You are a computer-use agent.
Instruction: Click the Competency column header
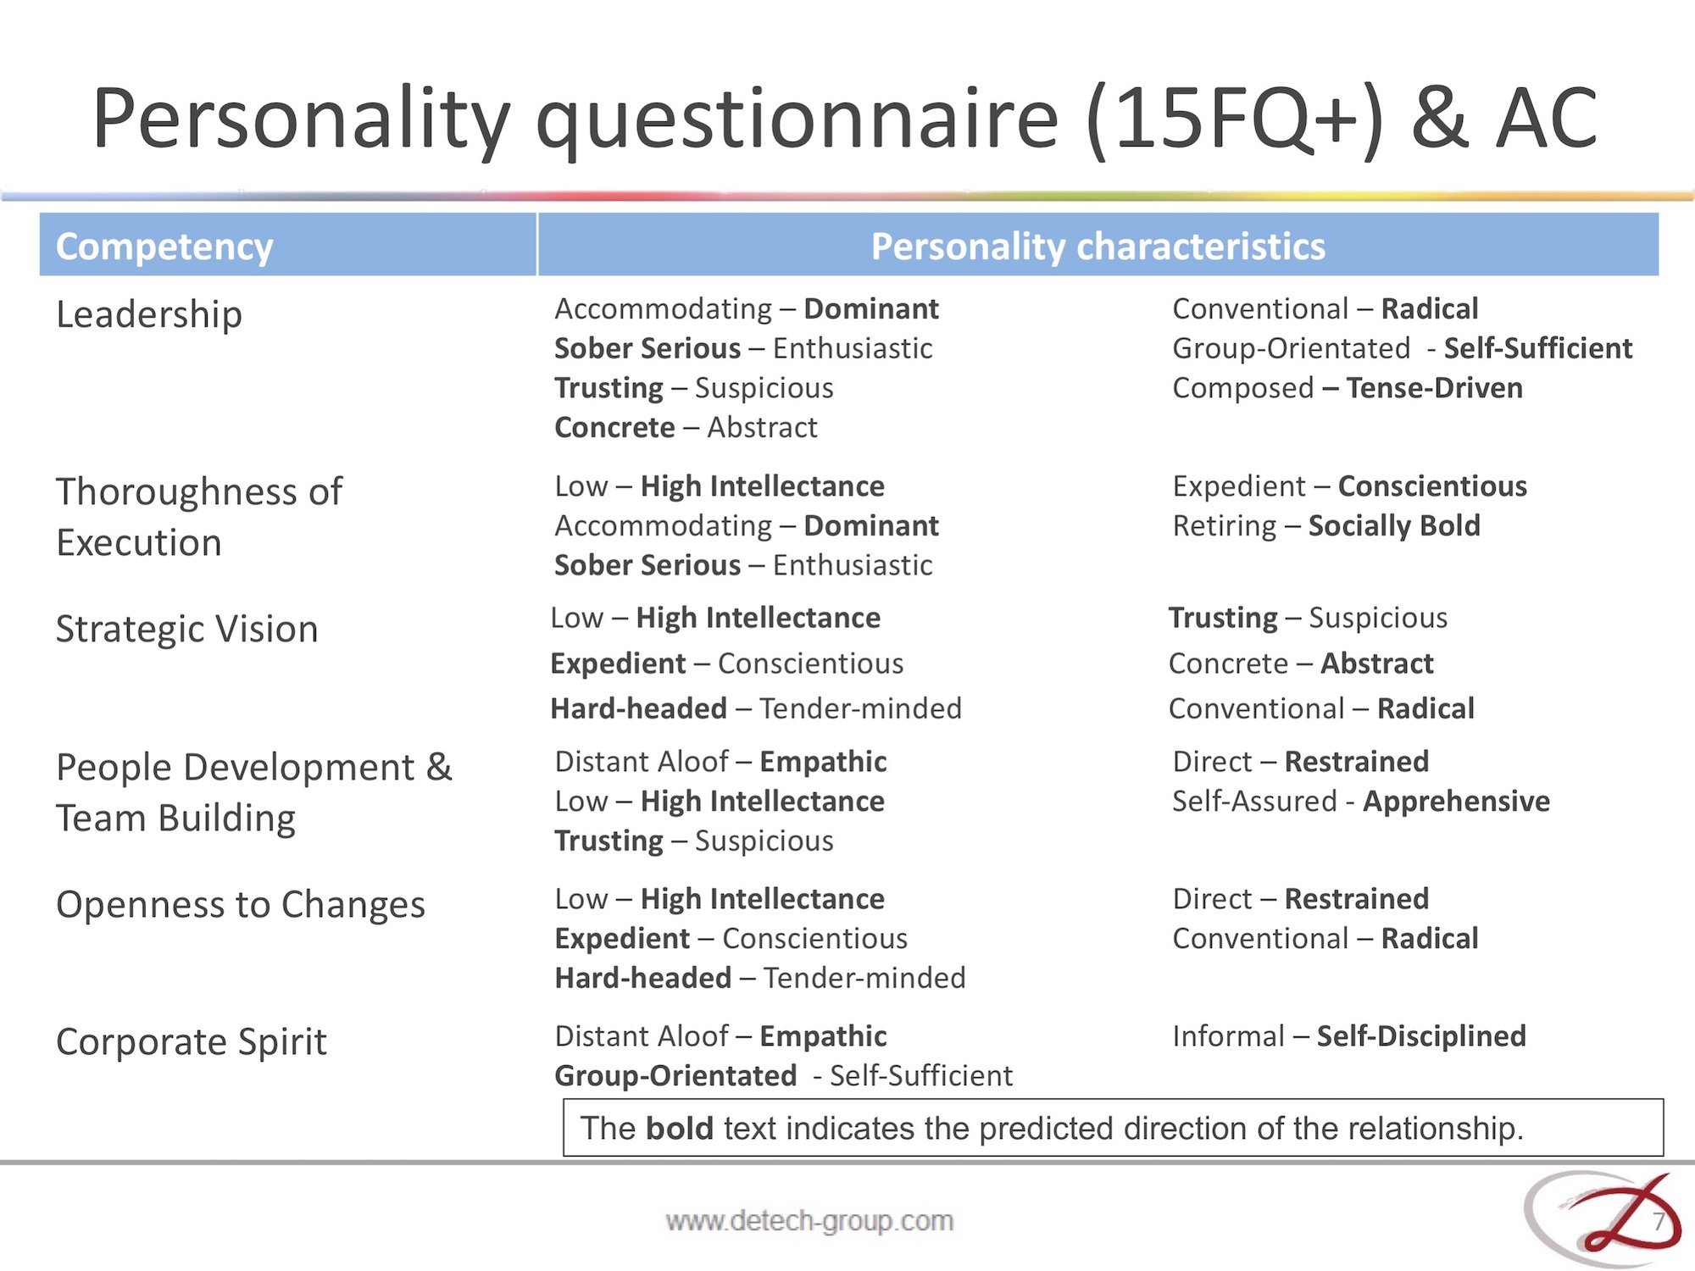[x=164, y=247]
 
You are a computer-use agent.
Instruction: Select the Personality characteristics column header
[x=1098, y=247]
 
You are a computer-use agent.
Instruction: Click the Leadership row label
[x=149, y=314]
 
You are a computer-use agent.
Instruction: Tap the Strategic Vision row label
[x=187, y=629]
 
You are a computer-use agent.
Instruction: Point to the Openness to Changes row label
[x=241, y=905]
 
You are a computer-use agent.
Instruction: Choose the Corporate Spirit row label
[x=192, y=1042]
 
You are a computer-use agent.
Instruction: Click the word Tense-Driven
[x=1434, y=388]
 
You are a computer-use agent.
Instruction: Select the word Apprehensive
[x=1456, y=802]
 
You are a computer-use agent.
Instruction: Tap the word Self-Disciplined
[x=1421, y=1036]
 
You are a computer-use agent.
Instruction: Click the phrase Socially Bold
[x=1394, y=526]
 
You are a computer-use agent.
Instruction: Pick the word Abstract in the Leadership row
[x=762, y=428]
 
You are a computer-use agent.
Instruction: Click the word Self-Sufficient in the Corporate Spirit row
[x=920, y=1076]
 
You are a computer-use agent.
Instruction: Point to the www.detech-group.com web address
[x=809, y=1221]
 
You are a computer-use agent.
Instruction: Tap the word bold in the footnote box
[x=679, y=1129]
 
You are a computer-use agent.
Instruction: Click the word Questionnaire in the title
[x=797, y=120]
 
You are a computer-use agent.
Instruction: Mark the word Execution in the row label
[x=139, y=542]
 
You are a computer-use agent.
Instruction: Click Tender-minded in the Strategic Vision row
[x=860, y=708]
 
